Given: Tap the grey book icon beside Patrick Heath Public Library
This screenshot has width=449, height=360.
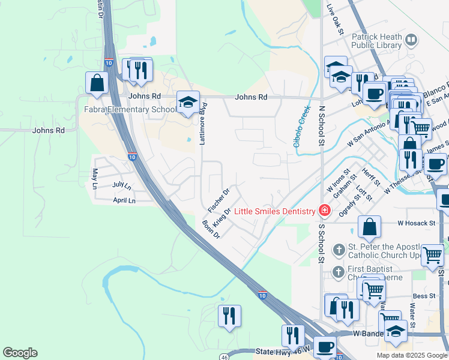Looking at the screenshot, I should [x=411, y=41].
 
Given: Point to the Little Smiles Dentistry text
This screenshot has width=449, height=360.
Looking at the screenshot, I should [x=274, y=211].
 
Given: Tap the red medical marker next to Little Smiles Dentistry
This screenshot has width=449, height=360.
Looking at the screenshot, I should [x=325, y=210].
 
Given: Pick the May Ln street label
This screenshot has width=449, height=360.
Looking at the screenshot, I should [x=94, y=179].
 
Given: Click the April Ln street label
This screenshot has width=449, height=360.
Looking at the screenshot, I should [x=124, y=200].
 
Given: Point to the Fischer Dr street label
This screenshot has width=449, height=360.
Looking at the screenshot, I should [x=218, y=199].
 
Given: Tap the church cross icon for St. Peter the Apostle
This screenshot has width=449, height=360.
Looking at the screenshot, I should [x=339, y=249].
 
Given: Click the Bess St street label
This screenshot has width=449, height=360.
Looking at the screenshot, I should [x=423, y=296].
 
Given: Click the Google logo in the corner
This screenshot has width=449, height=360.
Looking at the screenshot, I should [x=20, y=353].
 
